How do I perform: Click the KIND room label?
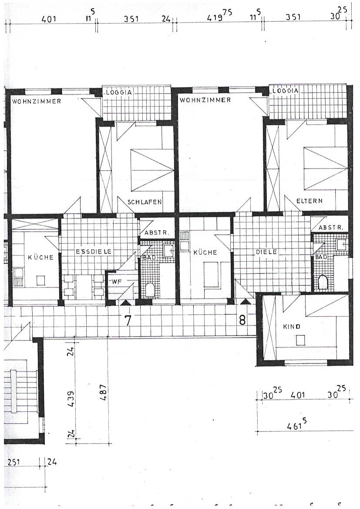(292, 327)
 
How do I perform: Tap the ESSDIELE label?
(94, 252)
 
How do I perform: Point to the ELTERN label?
(310, 201)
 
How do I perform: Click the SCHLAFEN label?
(145, 202)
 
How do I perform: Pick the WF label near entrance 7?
(117, 282)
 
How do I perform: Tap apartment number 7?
(128, 320)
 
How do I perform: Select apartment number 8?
(242, 320)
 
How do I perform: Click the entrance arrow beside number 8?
(246, 302)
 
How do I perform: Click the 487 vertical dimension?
(104, 392)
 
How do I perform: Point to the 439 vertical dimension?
(71, 399)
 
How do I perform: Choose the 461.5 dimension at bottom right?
(297, 424)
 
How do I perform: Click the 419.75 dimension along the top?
(219, 16)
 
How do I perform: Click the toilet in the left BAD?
(150, 290)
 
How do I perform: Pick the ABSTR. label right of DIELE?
(330, 228)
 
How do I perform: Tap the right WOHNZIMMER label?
(205, 100)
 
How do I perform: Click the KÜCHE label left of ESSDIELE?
(40, 257)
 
